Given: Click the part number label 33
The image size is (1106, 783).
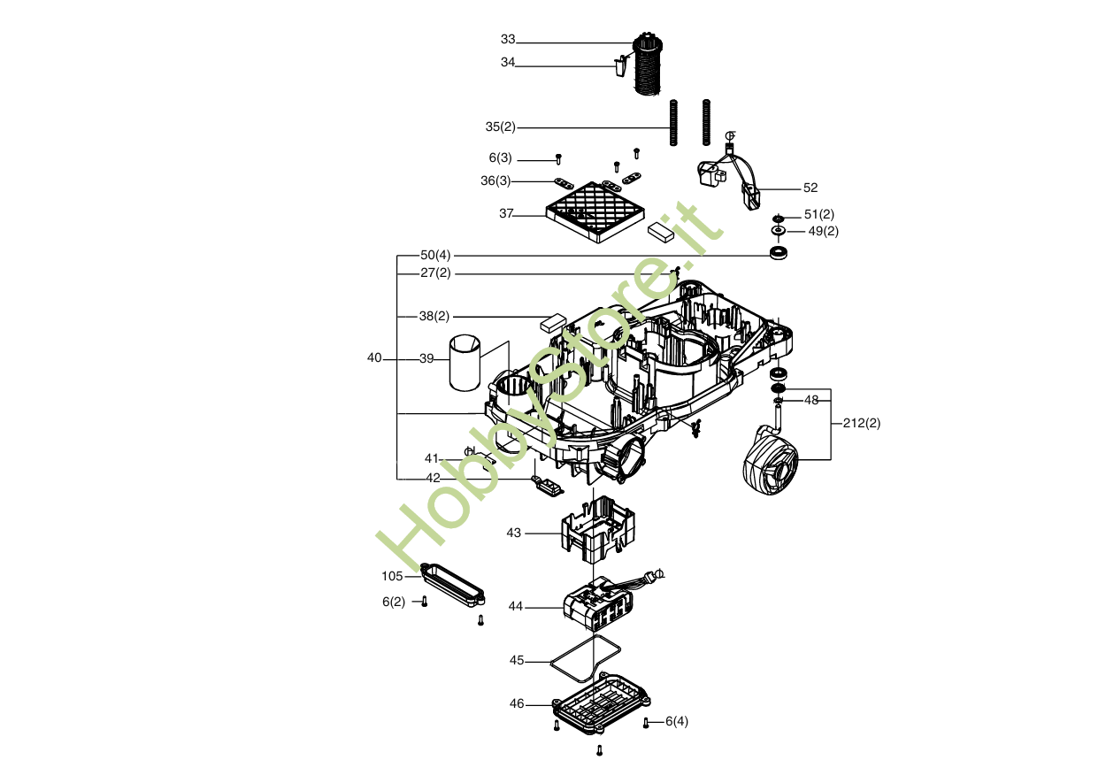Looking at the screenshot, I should click(507, 40).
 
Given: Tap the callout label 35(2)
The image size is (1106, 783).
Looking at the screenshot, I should click(501, 127).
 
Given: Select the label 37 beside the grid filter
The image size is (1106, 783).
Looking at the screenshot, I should click(506, 214).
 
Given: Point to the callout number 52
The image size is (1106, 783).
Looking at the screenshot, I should click(810, 188).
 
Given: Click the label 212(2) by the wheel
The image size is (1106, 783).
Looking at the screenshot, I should click(862, 423).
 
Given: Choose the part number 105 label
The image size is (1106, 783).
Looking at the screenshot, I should click(392, 577).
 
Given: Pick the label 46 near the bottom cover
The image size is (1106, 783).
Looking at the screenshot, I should click(517, 704).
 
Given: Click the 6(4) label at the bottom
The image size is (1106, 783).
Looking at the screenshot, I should click(676, 722).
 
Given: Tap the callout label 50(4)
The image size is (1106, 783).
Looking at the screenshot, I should click(435, 256).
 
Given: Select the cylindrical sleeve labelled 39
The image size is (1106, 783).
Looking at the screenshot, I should click(465, 363).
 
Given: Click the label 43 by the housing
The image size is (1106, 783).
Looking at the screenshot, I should click(514, 534).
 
